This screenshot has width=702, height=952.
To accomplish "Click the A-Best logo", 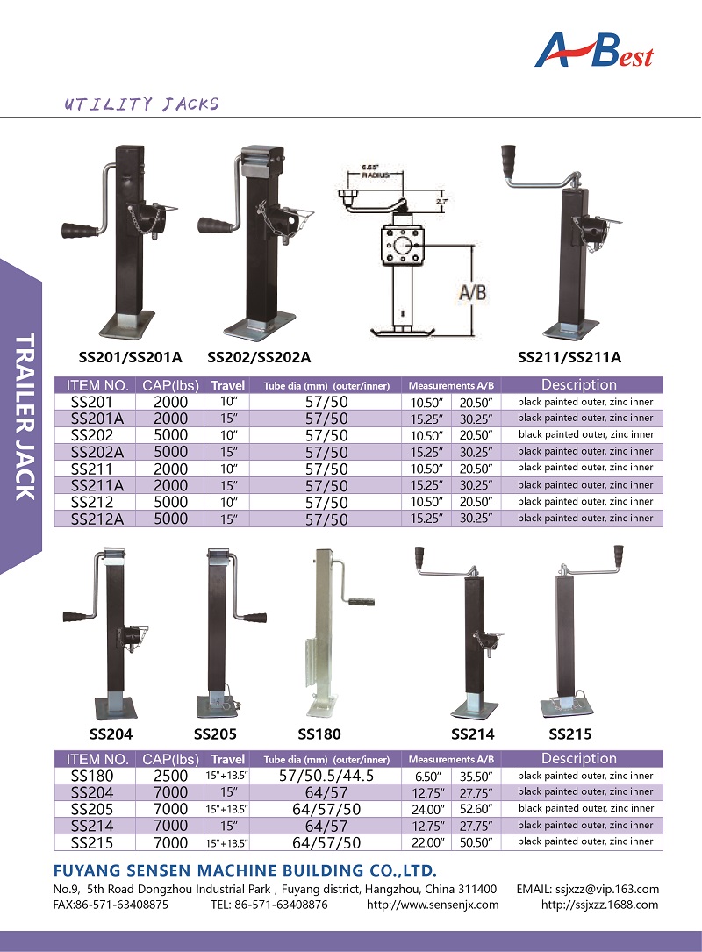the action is [x=593, y=50].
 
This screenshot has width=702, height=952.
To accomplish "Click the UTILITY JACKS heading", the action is [x=141, y=104].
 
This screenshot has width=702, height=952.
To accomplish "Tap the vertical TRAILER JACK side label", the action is [x=24, y=416].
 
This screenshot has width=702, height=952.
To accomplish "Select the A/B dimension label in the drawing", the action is [x=472, y=292].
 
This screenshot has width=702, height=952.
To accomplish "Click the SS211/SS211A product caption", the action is [x=569, y=357].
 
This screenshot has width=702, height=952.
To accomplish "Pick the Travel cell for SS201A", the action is [x=228, y=419].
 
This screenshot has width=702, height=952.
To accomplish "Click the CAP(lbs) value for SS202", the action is [x=170, y=435].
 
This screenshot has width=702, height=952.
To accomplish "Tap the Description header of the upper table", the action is [x=579, y=384].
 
